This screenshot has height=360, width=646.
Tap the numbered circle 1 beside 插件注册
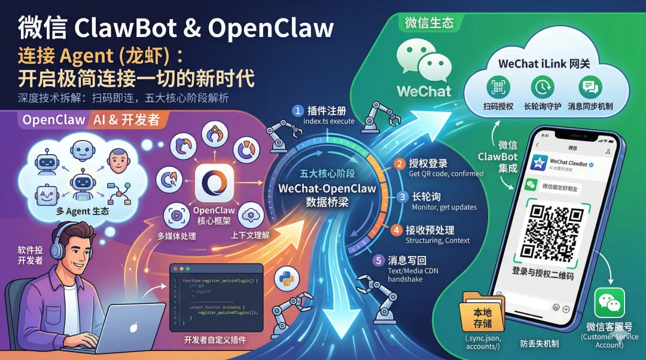297,111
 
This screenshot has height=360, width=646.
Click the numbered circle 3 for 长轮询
404,197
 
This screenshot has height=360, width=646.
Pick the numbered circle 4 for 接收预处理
397,230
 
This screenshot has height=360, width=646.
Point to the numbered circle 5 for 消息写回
378,260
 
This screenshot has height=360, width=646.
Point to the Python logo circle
286,280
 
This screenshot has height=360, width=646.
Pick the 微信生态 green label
429,23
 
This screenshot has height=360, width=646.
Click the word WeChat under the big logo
424,91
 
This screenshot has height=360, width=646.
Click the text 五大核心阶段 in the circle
327,174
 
